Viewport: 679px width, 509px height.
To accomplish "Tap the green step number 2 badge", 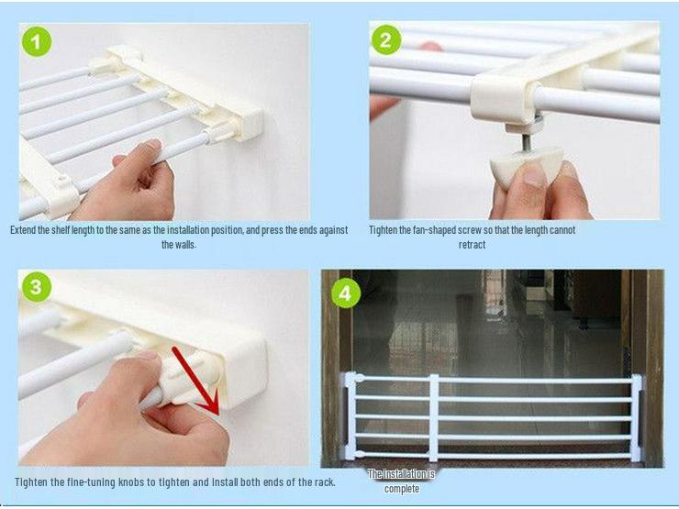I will pos(385,40).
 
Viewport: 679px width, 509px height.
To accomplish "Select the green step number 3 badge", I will pos(36,287).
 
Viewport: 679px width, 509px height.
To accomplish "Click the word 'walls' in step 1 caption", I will pos(184,245).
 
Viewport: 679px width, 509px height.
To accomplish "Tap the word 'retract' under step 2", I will pos(472,245).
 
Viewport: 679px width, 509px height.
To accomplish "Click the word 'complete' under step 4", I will pos(401,489).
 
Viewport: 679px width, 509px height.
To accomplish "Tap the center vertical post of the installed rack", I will pos(433,416).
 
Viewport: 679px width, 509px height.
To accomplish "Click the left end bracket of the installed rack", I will pos(350,417).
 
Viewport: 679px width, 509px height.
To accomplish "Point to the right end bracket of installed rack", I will pos(635,417).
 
